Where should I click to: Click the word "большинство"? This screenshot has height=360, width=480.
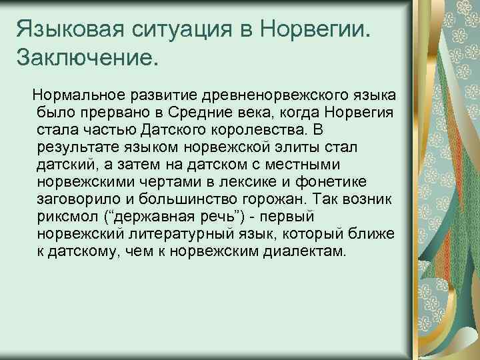point(208,199)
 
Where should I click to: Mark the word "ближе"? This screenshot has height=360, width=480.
point(371,235)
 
